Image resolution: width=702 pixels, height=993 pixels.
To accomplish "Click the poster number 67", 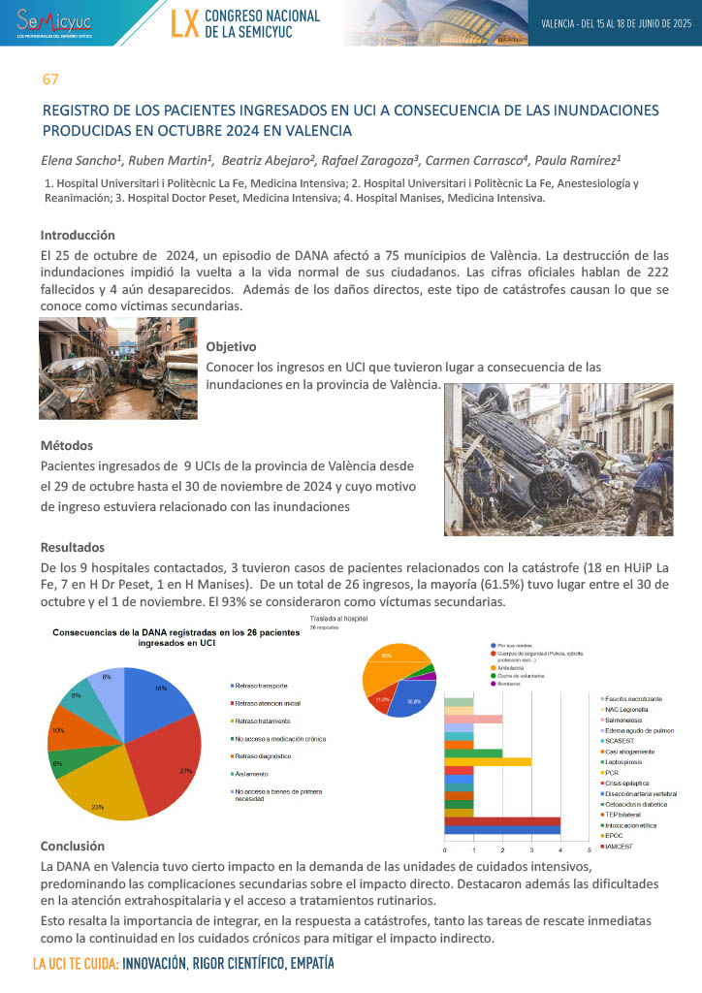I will (50, 78).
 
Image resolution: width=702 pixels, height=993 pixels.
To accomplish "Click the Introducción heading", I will (78, 235).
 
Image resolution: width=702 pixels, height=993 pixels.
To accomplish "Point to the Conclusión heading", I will (72, 846).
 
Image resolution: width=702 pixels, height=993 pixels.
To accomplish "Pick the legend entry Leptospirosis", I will (625, 760).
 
